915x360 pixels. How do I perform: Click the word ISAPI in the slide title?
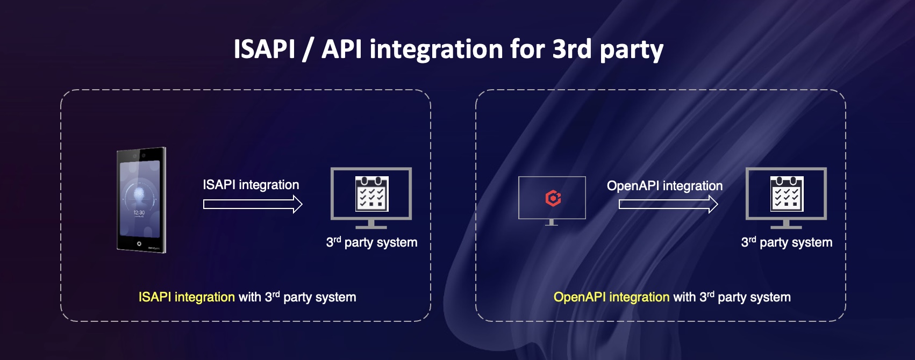pos(264,49)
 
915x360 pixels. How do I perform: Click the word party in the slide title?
pos(631,51)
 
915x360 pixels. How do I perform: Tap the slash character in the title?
pos(308,49)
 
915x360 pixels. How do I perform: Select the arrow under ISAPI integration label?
pos(253,204)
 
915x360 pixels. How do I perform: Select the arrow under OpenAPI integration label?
pos(668,204)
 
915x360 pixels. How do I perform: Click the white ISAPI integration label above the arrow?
pos(251,185)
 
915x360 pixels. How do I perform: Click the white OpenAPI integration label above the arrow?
pos(664,186)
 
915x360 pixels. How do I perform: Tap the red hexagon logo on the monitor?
pos(553,198)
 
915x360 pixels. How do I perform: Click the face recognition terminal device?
pos(141,200)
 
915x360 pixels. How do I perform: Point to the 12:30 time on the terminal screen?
pos(139,213)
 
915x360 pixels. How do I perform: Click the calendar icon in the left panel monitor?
pos(371,194)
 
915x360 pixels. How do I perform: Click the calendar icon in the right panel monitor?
pos(787,194)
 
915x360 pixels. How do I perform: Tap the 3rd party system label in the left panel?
pos(371,242)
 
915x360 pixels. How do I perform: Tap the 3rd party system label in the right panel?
pos(787,242)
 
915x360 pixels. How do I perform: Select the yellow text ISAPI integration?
pos(187,297)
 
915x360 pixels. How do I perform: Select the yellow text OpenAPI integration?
pos(611,297)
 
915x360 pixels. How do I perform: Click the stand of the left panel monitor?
pos(371,225)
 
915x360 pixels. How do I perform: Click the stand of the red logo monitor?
pos(552,222)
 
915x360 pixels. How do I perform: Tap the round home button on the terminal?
pos(139,243)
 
